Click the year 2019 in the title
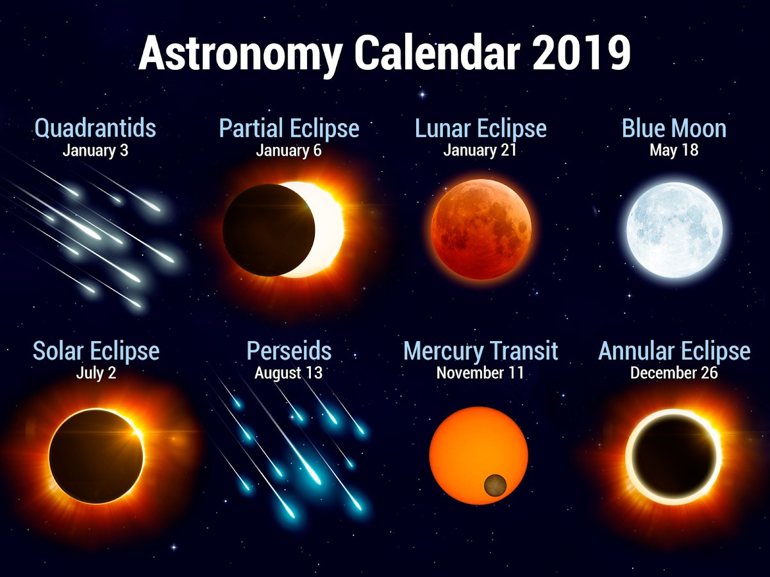coord(582,53)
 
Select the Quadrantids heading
coord(96,128)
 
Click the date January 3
coord(96,151)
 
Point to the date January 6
coord(289,151)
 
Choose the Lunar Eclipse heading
coord(481,129)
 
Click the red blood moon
coord(481,230)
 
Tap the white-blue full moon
coord(674,230)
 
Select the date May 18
coord(674,151)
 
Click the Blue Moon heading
coord(674,128)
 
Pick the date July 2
coord(96,372)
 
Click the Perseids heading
coord(289,351)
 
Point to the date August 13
coord(289,372)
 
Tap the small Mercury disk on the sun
coord(495,485)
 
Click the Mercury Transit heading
coord(481,351)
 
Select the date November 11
coord(480,372)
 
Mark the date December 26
coord(674,372)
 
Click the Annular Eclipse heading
coord(674,351)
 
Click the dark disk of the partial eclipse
coord(269,230)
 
